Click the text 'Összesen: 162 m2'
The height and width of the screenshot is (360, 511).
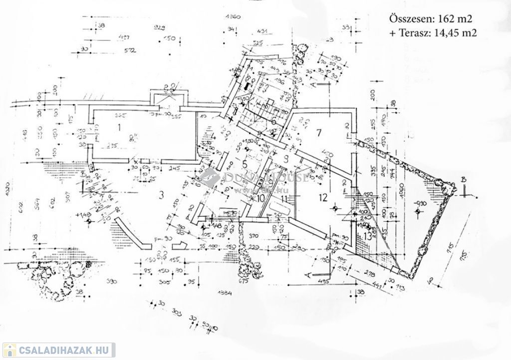coord(430,19)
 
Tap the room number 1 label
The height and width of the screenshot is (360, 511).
coord(119,127)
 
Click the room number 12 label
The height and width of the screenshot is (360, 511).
coord(323,197)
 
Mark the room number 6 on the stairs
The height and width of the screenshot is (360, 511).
coord(273,122)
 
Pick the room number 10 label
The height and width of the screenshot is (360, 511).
coord(260,198)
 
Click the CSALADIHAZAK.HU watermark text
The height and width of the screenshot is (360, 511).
coord(63,350)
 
